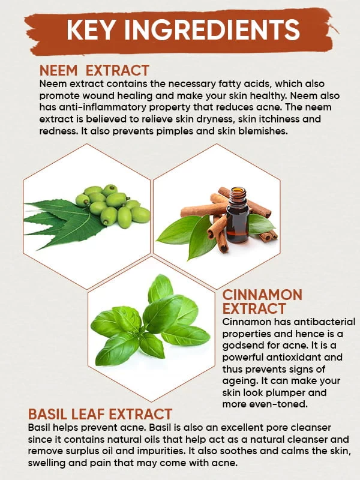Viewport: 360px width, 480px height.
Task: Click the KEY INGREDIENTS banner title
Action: coord(183,29)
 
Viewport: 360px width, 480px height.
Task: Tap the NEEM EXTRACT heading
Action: coord(94,70)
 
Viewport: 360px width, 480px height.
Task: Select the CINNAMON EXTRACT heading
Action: coord(262,302)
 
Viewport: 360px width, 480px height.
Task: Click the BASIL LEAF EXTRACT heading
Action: coord(100,414)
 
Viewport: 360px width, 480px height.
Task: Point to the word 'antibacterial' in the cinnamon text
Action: coord(325,322)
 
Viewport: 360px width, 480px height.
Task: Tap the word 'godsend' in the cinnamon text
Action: coord(241,346)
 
